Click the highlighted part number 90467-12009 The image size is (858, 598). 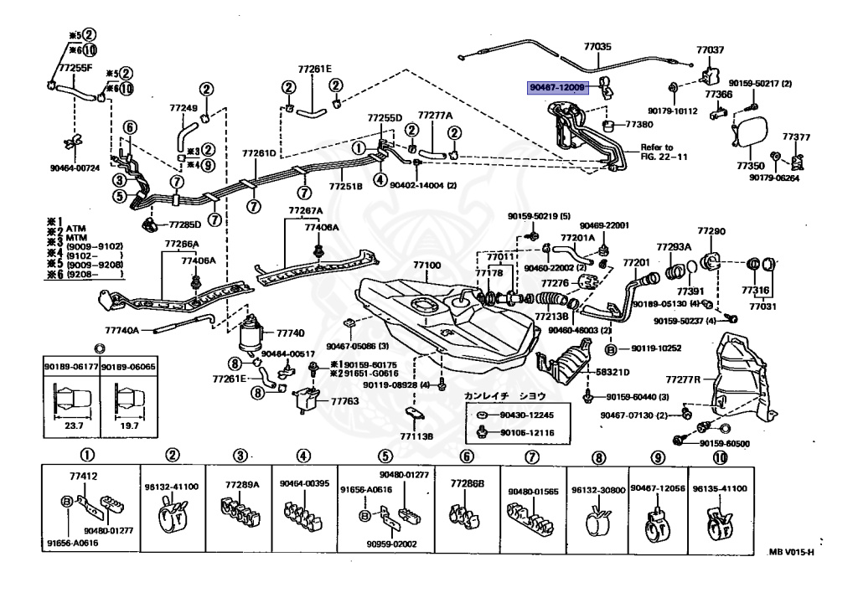[557, 86]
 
